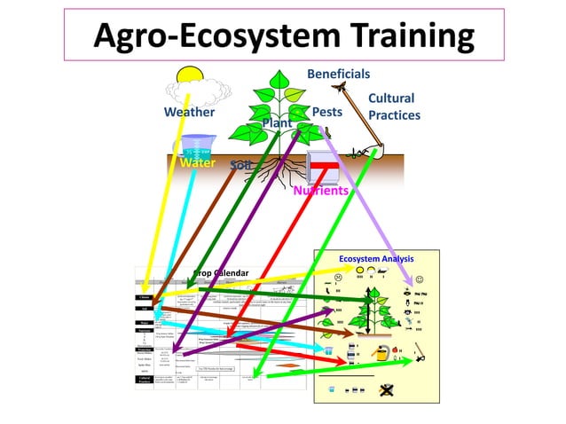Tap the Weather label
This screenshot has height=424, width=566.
pos(189,113)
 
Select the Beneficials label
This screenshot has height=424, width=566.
pos(338,75)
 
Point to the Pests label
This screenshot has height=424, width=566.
pos(326,113)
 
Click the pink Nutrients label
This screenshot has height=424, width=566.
pos(320,190)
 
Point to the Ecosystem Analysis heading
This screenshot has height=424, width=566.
pos(377,258)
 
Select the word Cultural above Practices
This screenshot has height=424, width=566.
pos(391,98)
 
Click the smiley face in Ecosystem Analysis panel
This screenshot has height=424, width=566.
pos(419,280)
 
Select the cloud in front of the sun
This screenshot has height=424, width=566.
pos(206,90)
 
